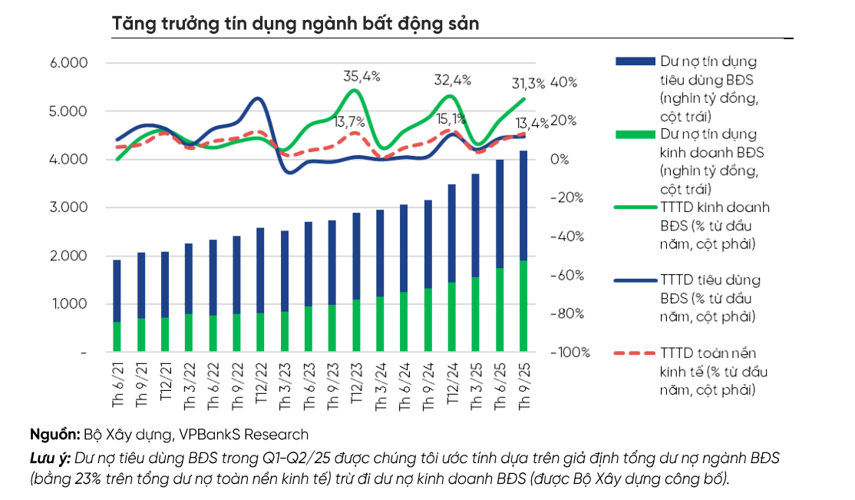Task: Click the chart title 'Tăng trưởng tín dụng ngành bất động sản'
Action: click(x=295, y=23)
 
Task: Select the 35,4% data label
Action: click(x=361, y=75)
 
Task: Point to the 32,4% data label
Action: click(x=452, y=79)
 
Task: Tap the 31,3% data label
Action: click(x=527, y=84)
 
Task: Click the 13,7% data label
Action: click(x=350, y=121)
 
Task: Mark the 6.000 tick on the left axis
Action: click(x=69, y=63)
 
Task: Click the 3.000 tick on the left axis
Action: click(x=69, y=207)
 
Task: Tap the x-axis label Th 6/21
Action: click(x=117, y=384)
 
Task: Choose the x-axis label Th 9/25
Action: click(x=525, y=384)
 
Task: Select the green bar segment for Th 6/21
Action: click(x=117, y=337)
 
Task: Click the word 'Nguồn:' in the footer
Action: click(x=54, y=434)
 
